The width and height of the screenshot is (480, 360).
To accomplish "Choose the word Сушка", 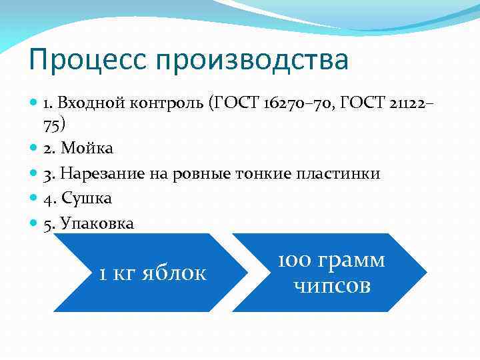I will pyautogui.click(x=86, y=198).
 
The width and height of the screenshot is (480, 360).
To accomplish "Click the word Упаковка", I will pyautogui.click(x=97, y=223).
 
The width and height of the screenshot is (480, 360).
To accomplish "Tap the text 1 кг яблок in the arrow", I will pyautogui.click(x=153, y=273).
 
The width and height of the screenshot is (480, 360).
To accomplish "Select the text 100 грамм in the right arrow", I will pyautogui.click(x=331, y=261).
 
